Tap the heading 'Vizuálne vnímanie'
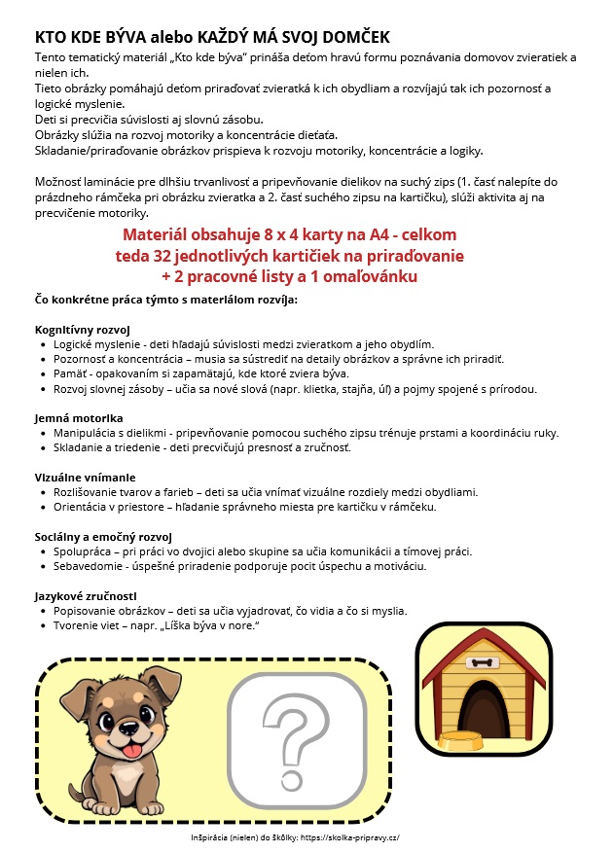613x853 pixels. [85, 478]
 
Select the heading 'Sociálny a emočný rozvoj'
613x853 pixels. [103, 536]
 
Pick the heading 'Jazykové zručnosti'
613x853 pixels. [87, 595]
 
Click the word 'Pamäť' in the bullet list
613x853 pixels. [71, 373]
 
